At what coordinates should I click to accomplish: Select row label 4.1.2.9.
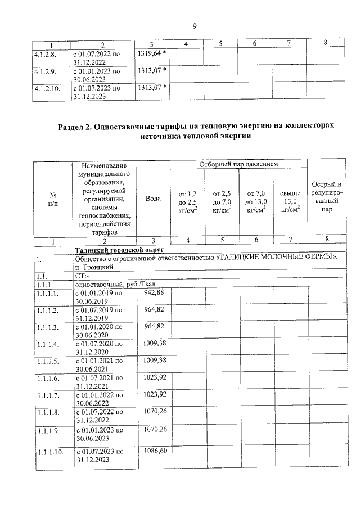pyautogui.click(x=45, y=72)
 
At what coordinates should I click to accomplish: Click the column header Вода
pyautogui.click(x=153, y=199)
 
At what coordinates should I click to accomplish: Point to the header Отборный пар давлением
pyautogui.click(x=238, y=164)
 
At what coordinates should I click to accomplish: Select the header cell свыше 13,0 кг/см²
pyautogui.click(x=290, y=202)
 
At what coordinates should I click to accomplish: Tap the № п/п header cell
pyautogui.click(x=53, y=199)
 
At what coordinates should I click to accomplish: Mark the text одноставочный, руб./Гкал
pyautogui.click(x=112, y=285)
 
